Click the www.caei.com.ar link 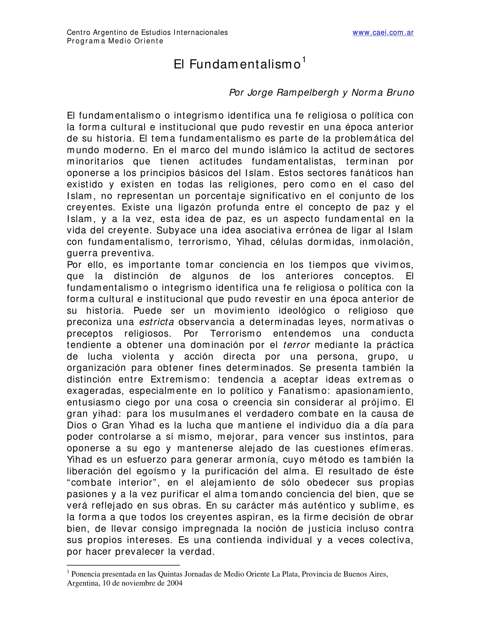tap(383, 33)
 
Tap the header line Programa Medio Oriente tap(115, 41)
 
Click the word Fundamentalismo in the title tap(245, 65)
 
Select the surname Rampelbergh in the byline tap(308, 93)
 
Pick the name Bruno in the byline tap(400, 93)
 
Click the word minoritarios tap(95, 161)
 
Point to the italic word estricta tap(156, 322)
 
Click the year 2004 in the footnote tap(174, 583)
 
